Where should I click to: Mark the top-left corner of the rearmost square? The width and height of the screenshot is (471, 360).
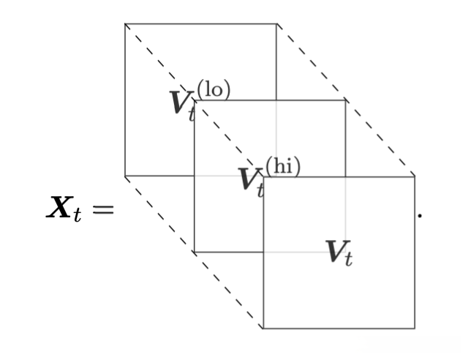tap(125, 24)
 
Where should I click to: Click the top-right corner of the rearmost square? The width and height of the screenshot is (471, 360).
tap(276, 24)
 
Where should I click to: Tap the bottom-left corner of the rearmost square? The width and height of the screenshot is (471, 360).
tap(125, 176)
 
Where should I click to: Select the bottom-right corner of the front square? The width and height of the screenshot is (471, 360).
tap(415, 329)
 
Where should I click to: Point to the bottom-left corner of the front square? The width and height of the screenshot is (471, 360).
tap(263, 329)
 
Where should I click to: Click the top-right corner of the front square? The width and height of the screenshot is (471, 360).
tap(415, 176)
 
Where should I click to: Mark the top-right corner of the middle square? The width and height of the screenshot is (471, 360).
tap(345, 100)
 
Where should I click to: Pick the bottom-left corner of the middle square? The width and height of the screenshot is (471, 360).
tap(194, 252)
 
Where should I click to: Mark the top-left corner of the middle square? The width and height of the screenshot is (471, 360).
tap(194, 100)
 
